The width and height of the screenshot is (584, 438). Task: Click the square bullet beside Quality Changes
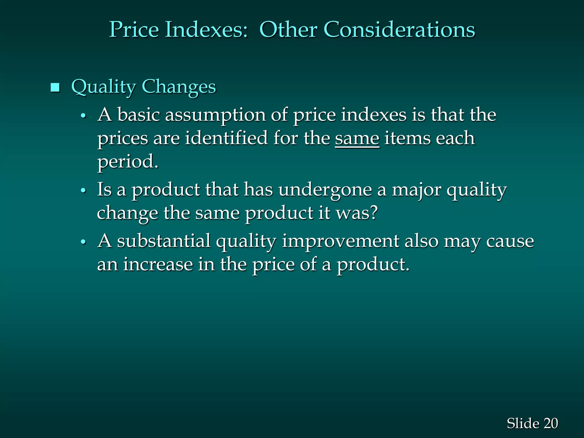click(55, 88)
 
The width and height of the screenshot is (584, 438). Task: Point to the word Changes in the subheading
click(179, 87)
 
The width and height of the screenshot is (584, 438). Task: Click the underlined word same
click(357, 139)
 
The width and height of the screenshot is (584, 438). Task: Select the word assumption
click(215, 115)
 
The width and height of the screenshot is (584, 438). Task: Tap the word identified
click(226, 138)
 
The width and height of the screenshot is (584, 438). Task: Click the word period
click(127, 162)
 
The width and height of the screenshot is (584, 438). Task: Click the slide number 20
click(550, 423)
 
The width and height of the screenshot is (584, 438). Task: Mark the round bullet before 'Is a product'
click(83, 190)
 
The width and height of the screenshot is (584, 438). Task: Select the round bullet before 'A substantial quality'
click(83, 242)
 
